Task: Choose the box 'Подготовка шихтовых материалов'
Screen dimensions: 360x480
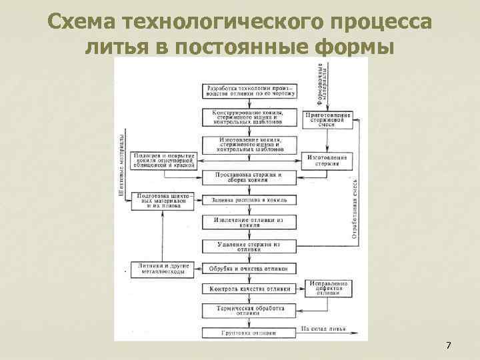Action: pyautogui.click(x=163, y=200)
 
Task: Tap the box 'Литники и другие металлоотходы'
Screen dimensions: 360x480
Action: pyautogui.click(x=163, y=268)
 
